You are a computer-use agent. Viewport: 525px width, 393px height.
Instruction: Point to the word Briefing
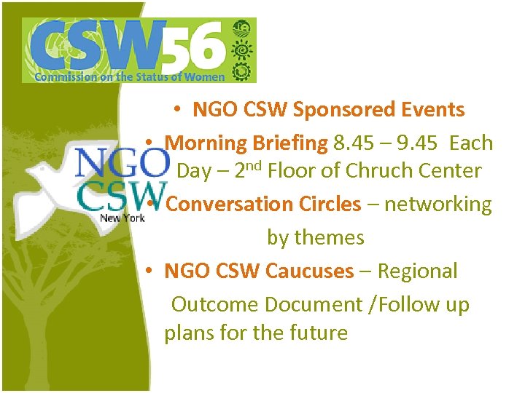(x=292, y=143)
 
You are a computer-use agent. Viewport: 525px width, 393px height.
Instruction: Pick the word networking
(x=438, y=204)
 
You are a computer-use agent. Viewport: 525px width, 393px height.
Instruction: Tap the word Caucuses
(x=309, y=271)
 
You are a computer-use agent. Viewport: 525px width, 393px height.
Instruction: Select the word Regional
(x=419, y=271)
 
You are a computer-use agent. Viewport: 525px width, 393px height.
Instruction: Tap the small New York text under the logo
(x=122, y=217)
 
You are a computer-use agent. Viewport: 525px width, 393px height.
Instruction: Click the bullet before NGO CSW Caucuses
(x=149, y=271)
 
